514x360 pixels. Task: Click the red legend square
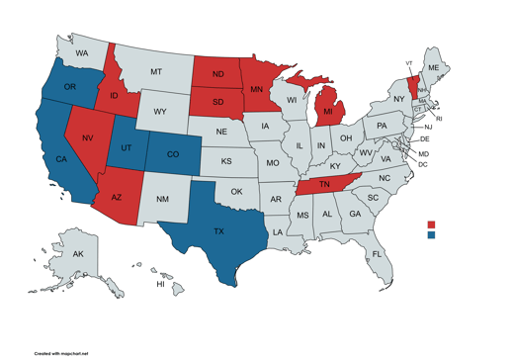click(432, 225)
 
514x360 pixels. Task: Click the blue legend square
click(432, 235)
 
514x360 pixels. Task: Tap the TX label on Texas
click(219, 231)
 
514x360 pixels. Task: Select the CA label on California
click(60, 159)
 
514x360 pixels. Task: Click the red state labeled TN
click(324, 185)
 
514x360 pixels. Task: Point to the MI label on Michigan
click(328, 114)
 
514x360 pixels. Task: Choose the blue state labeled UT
click(127, 146)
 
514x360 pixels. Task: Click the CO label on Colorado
click(173, 154)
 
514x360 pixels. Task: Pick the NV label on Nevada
click(88, 138)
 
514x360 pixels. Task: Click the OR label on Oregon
click(70, 87)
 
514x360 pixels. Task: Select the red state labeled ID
click(115, 96)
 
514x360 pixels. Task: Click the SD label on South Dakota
click(217, 102)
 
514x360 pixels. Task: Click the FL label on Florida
click(377, 254)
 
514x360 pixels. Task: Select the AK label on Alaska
click(78, 254)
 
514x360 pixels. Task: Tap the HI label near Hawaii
click(160, 285)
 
